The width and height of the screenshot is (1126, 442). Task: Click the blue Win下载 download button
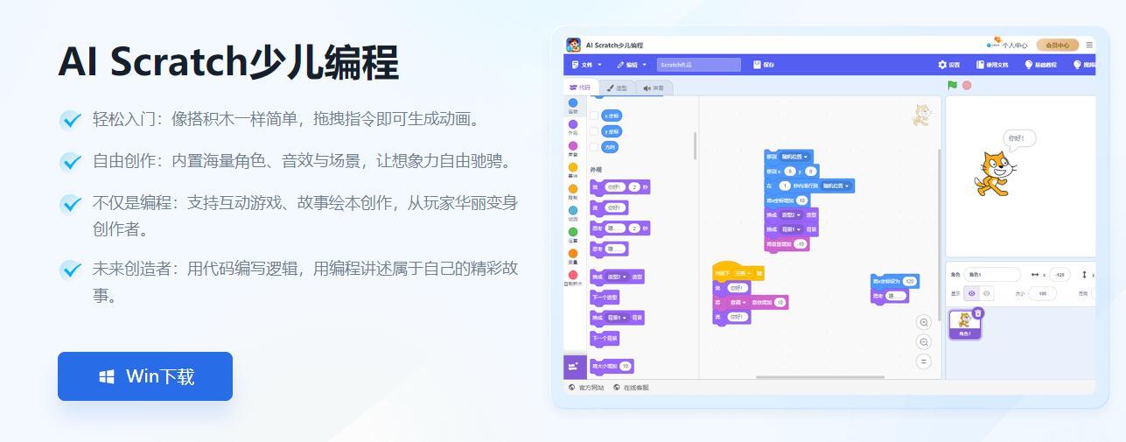145,376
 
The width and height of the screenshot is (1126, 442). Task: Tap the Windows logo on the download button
107,377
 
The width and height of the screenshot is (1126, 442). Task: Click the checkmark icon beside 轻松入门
71,119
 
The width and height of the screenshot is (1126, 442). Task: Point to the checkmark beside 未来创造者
71,270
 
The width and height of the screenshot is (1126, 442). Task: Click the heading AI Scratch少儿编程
228,62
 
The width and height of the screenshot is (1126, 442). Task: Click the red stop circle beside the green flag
967,85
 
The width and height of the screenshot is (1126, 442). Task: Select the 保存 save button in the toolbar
764,65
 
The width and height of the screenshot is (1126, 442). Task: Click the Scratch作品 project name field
698,65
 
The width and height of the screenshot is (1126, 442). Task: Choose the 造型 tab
618,88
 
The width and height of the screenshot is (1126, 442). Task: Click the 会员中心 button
1057,45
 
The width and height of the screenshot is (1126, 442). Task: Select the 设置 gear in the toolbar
949,65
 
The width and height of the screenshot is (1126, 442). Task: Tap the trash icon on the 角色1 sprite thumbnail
978,313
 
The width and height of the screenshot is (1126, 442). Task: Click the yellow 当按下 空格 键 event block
738,272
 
